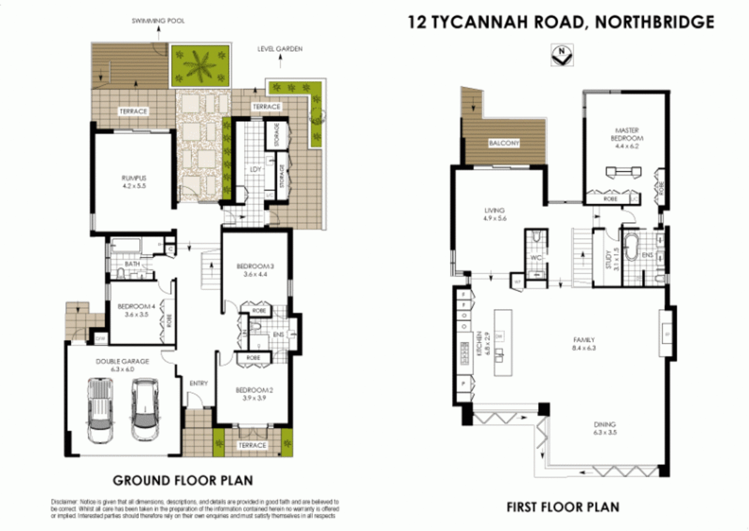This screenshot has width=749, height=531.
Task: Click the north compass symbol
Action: (562, 55)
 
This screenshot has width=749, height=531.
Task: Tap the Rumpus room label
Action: (134, 182)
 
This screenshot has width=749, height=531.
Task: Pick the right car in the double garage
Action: (145, 410)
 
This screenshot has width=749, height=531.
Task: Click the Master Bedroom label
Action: (626, 138)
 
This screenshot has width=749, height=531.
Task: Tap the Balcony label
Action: (504, 143)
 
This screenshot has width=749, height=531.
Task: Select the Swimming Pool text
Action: (158, 21)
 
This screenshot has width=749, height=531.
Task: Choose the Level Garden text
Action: (280, 49)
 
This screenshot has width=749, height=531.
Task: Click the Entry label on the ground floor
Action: (199, 383)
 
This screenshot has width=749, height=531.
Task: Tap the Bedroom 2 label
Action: (254, 393)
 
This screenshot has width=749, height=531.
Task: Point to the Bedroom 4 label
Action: (136, 310)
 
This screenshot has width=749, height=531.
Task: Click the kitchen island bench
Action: (502, 342)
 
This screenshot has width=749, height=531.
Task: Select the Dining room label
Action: (604, 428)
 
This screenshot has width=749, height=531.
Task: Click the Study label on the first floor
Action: (609, 259)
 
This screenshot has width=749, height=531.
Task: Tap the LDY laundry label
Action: (255, 169)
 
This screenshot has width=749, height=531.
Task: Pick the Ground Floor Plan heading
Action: (183, 481)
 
